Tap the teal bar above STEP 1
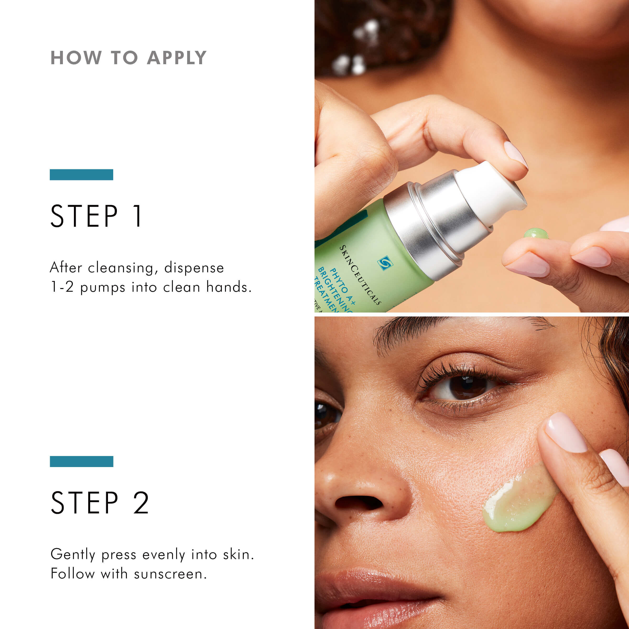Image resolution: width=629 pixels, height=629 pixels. [82, 175]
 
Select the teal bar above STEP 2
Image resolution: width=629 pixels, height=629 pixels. [82, 461]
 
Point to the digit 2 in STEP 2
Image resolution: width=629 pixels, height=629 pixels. [141, 503]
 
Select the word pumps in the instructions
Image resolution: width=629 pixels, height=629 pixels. [102, 288]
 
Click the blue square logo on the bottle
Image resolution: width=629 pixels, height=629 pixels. [385, 263]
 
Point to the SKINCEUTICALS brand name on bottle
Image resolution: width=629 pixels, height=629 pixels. [360, 275]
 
